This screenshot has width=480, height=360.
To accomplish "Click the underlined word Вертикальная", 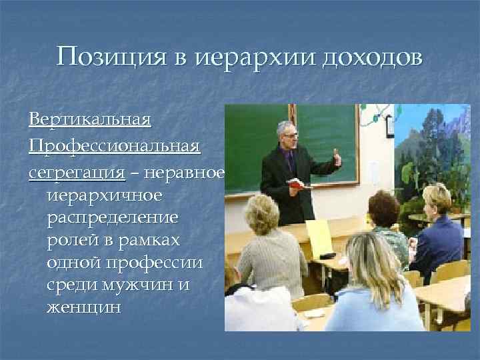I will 90,121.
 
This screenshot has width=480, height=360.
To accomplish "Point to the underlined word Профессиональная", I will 114,146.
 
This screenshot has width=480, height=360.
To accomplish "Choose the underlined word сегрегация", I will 77,172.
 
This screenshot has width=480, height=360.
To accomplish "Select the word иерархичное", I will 104,196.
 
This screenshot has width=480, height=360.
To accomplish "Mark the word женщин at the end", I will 84,308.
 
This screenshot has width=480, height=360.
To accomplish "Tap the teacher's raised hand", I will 337,158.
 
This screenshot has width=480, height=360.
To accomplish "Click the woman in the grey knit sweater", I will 269,253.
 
